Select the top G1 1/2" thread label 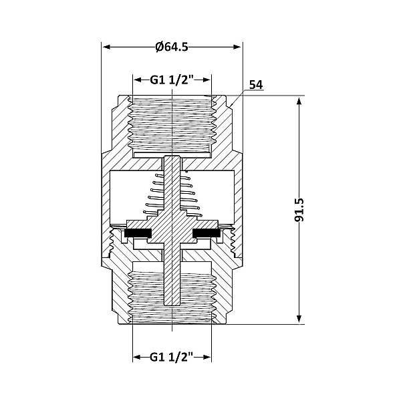tap(172, 80)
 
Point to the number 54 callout tap(255, 85)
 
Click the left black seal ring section tap(138, 233)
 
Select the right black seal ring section tap(207, 233)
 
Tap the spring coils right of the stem tap(192, 194)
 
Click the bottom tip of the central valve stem tap(172, 304)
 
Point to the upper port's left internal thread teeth tap(130, 124)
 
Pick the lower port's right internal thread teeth tap(215, 294)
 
